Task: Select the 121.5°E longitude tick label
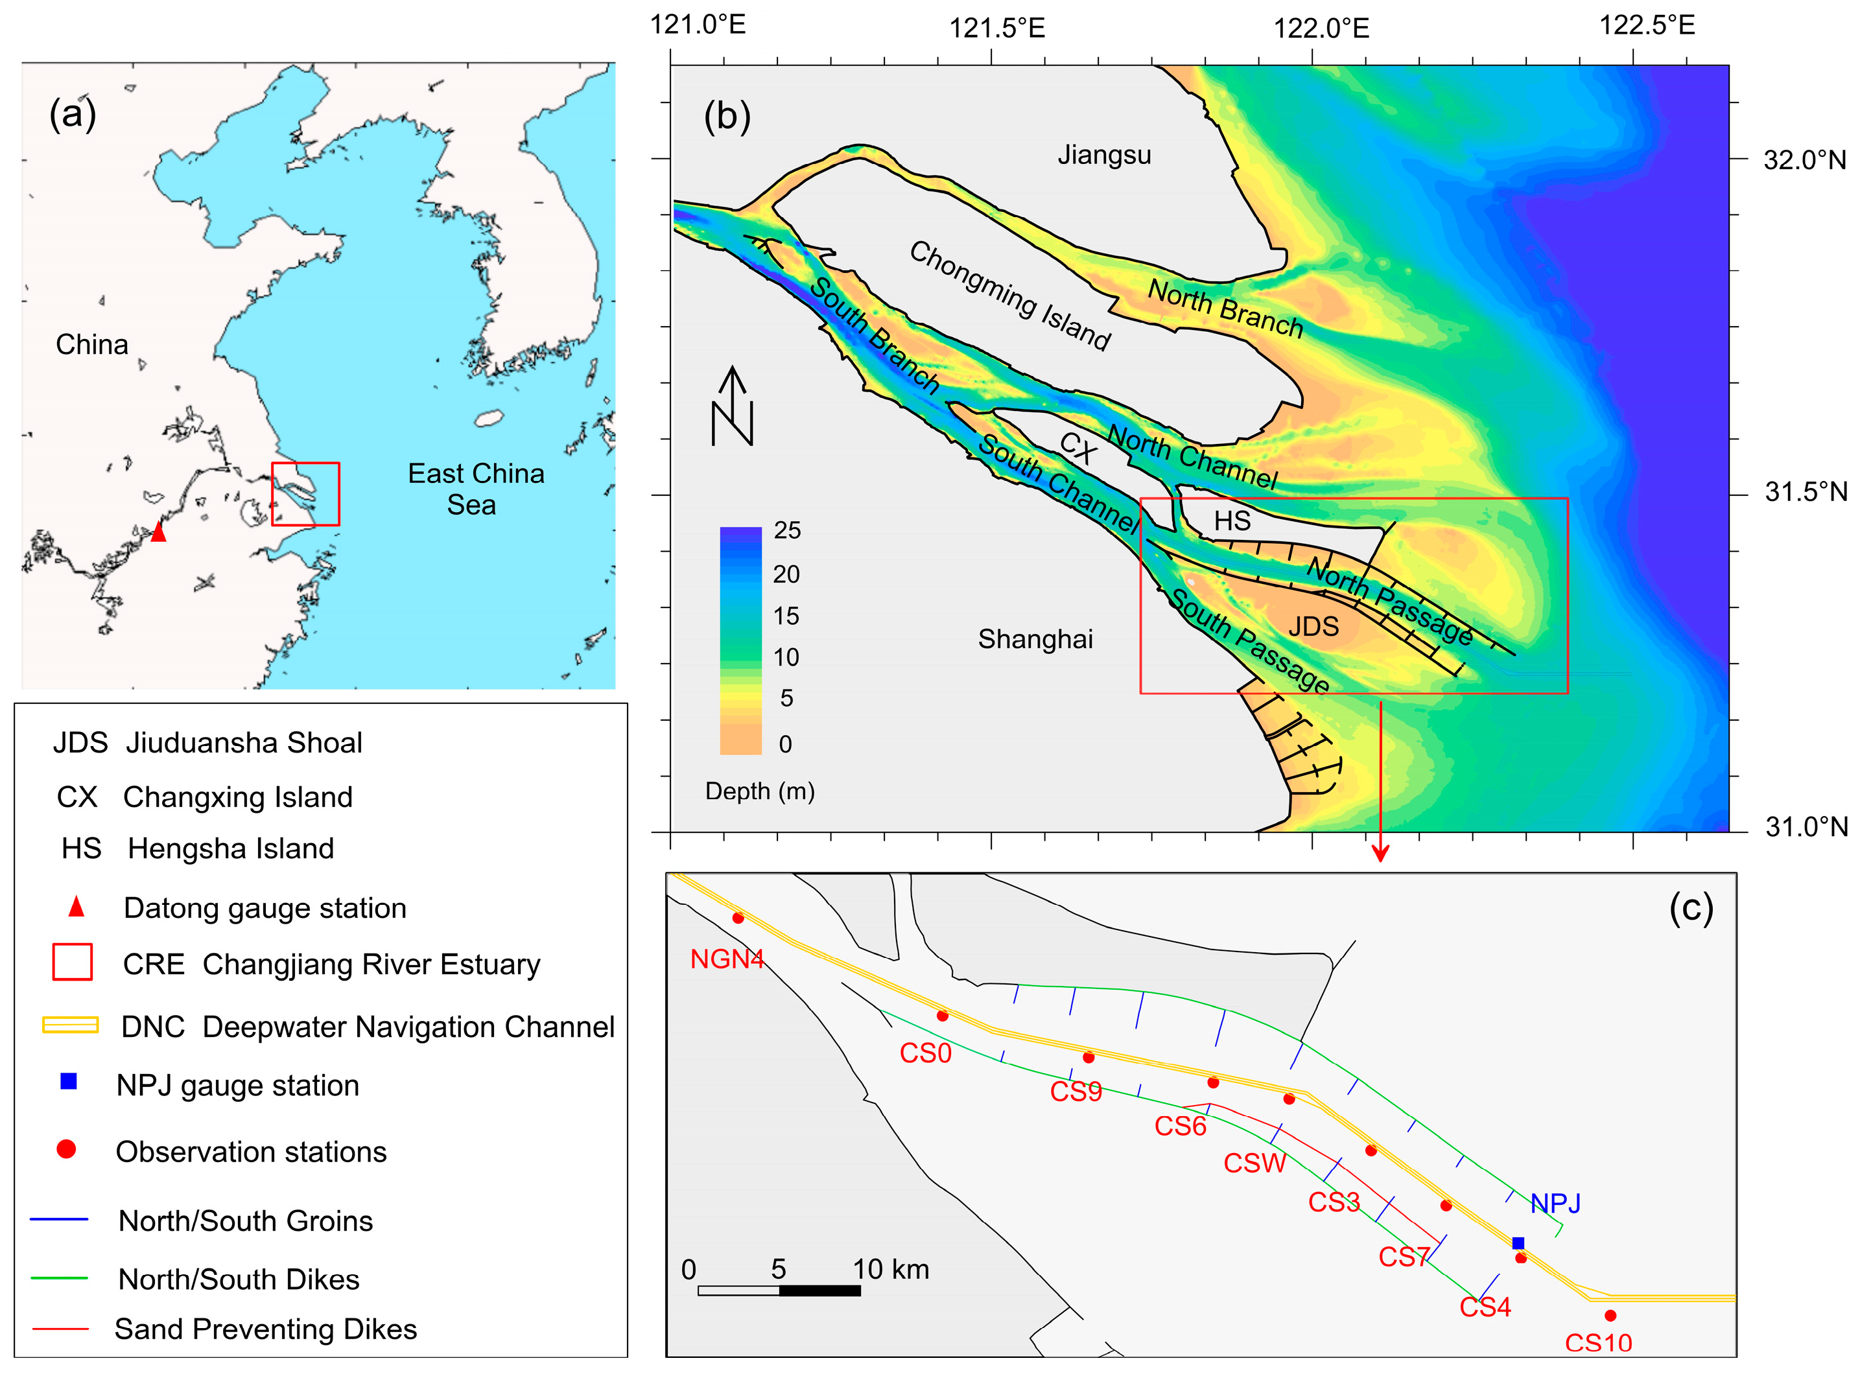click(996, 29)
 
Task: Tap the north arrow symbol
click(733, 406)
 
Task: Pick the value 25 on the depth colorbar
click(786, 530)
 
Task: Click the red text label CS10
click(1598, 1343)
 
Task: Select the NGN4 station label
click(727, 959)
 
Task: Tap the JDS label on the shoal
click(1313, 626)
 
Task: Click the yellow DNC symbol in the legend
click(70, 1025)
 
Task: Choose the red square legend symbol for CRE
click(72, 962)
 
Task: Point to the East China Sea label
click(475, 489)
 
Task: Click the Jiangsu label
click(1103, 155)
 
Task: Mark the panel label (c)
click(1691, 907)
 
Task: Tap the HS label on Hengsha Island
click(1232, 520)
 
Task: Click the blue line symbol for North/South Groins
click(58, 1219)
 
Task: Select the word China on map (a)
click(92, 345)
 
